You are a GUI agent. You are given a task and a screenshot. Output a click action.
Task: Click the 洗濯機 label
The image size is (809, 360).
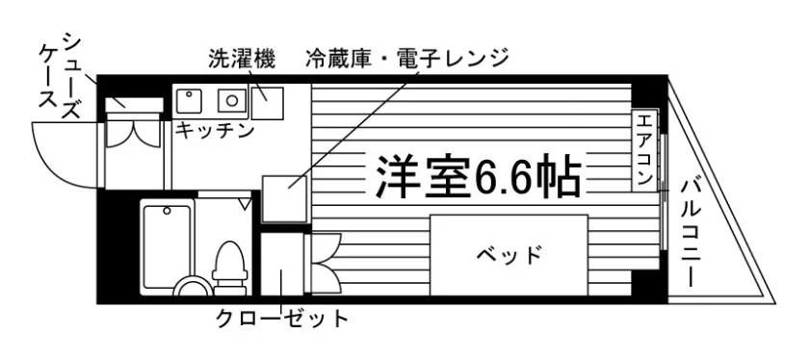242,59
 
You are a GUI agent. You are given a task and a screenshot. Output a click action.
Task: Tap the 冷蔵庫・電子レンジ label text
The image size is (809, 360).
406,59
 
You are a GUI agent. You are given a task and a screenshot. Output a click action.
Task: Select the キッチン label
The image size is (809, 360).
215,130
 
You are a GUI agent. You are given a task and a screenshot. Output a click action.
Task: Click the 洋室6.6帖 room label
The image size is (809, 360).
479,176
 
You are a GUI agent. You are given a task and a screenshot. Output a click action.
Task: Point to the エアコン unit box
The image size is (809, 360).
645,149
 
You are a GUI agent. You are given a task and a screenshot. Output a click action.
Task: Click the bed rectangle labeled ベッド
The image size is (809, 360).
509,255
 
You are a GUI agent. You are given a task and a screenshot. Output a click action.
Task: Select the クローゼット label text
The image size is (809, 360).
282,319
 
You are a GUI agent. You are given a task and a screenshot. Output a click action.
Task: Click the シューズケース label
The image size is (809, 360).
61,75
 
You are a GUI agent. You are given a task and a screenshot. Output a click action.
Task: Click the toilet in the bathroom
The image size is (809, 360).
229,268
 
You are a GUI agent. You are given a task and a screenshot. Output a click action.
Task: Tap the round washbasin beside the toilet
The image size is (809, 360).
192,286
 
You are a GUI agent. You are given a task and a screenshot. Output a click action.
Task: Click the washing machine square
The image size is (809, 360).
268,103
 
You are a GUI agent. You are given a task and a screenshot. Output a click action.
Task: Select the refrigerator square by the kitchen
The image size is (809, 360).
285,199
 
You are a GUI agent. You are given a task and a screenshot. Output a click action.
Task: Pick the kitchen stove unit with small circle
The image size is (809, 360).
189,100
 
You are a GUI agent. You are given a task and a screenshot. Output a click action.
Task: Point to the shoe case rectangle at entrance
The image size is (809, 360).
134,105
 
